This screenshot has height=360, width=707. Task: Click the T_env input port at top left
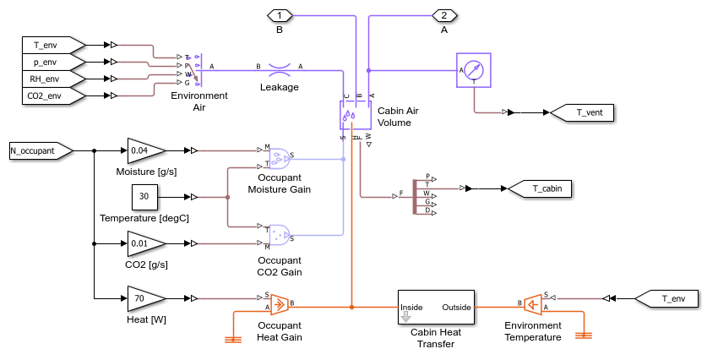(x=52, y=44)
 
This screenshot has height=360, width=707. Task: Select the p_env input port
(x=52, y=62)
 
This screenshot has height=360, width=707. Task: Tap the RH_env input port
(x=52, y=79)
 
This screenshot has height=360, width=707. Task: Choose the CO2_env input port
(x=52, y=96)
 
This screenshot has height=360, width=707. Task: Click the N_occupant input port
(x=39, y=151)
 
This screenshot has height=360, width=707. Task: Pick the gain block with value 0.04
(x=146, y=151)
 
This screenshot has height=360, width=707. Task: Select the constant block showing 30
(x=144, y=198)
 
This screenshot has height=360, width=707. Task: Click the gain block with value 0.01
(x=146, y=244)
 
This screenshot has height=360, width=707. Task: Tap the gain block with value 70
(x=146, y=298)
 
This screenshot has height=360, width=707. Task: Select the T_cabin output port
(x=540, y=188)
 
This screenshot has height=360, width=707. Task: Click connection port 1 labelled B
(x=280, y=14)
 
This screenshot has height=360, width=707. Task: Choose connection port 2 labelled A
(x=444, y=14)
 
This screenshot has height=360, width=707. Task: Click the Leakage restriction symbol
(x=279, y=67)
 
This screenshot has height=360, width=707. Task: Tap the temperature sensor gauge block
(x=473, y=70)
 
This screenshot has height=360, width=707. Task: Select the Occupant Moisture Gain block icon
(x=278, y=157)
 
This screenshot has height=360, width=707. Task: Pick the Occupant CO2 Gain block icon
(x=278, y=234)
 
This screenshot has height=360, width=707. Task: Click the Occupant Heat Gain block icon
(x=278, y=303)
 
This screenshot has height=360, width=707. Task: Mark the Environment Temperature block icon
(x=533, y=303)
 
